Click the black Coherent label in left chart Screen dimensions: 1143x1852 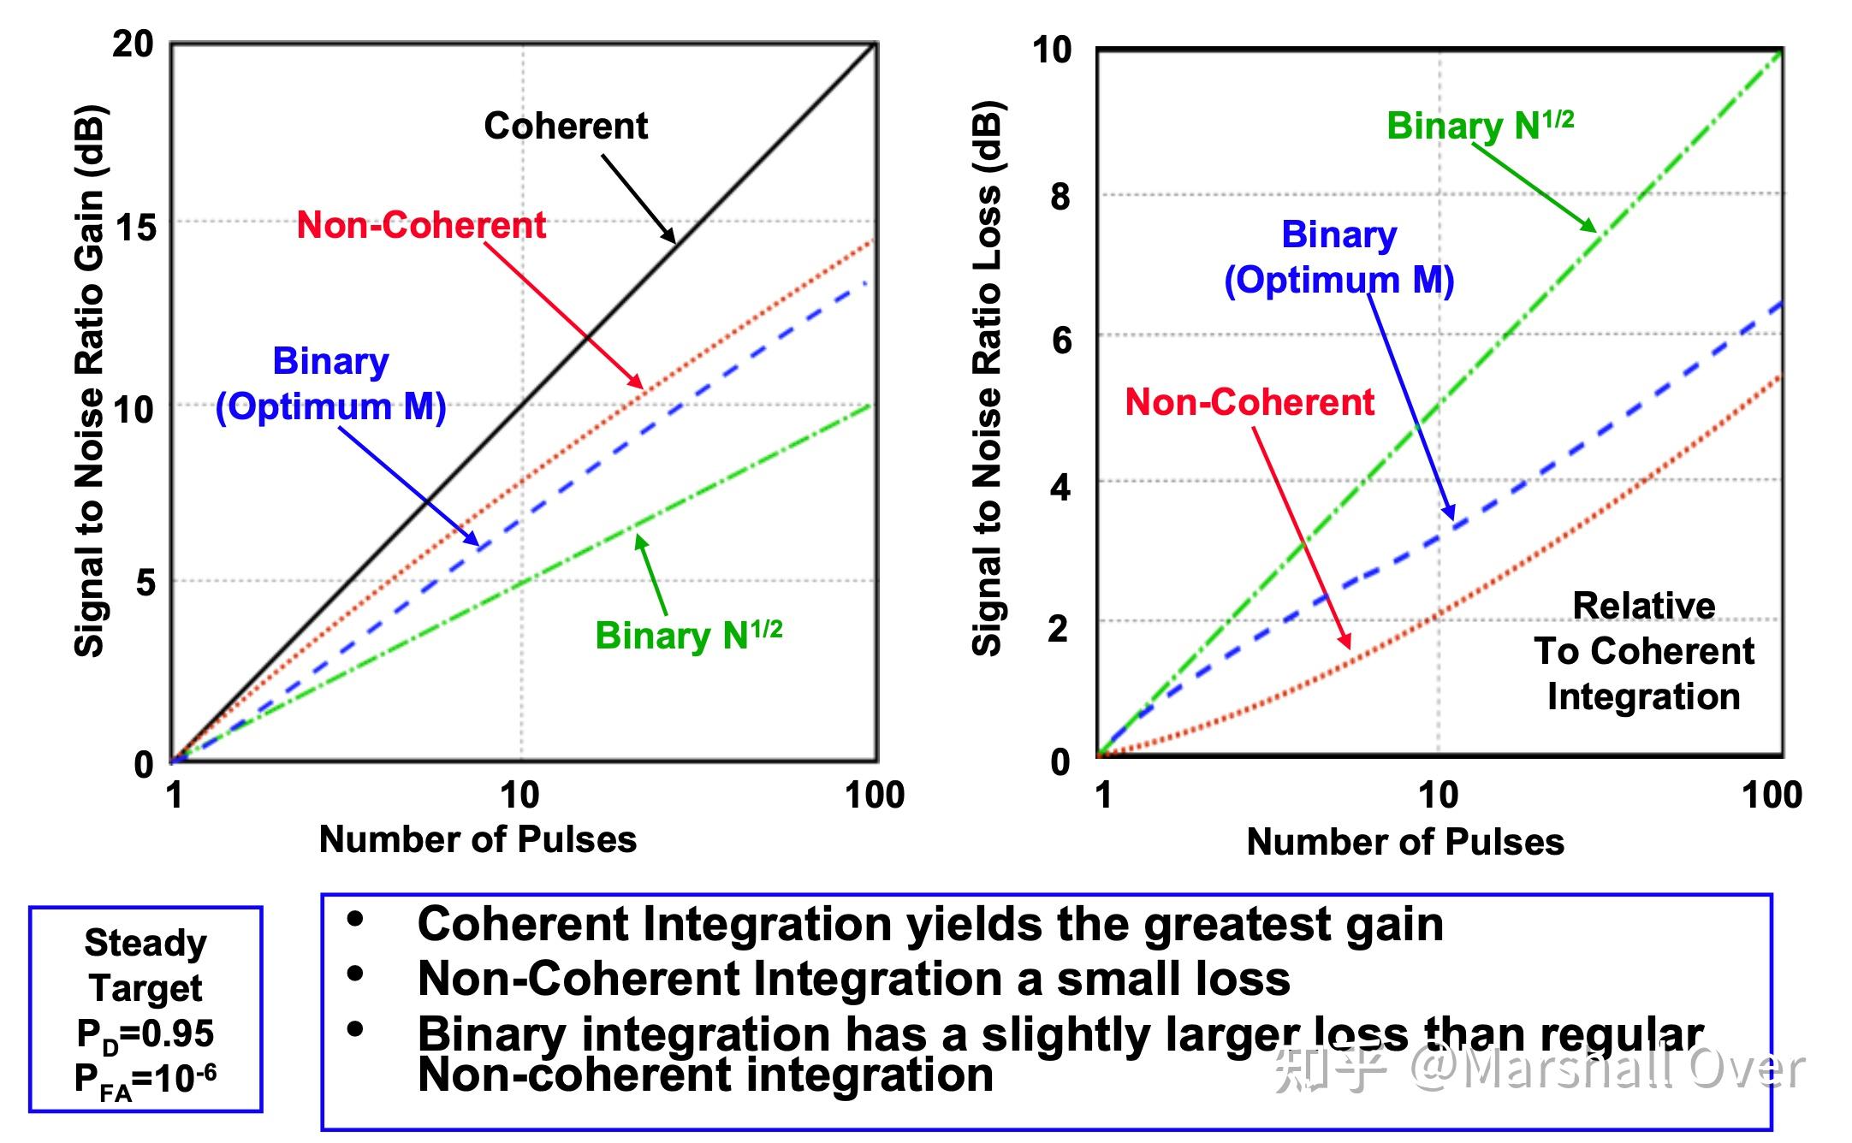pos(566,126)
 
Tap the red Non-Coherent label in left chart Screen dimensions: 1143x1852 pos(421,225)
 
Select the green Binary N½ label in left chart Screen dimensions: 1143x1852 pos(688,635)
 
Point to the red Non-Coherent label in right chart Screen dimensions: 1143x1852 pos(1249,402)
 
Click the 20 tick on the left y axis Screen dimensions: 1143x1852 pos(133,44)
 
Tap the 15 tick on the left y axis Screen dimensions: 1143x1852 pos(135,228)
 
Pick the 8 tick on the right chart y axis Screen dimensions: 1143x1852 pos(1060,197)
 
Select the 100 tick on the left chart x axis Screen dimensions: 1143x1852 pos(874,795)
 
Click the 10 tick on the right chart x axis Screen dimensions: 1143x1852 pos(1438,795)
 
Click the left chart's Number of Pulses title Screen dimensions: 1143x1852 pos(478,839)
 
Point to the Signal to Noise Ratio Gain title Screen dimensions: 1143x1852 pos(89,381)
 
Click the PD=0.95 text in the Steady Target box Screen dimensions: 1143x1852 pos(145,1034)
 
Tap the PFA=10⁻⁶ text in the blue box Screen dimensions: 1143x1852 pos(145,1079)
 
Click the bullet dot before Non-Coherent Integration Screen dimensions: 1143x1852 pos(355,974)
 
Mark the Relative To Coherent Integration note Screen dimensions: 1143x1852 pos(1643,651)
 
